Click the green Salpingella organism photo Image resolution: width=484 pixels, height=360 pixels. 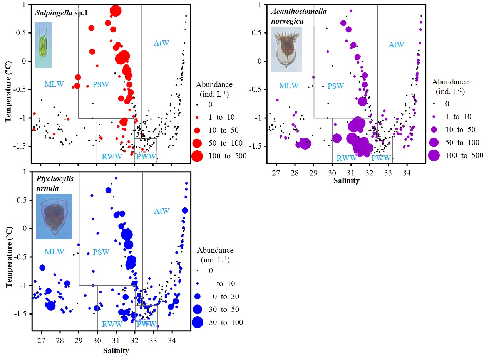(43, 45)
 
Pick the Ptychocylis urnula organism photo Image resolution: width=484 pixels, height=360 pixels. (54, 216)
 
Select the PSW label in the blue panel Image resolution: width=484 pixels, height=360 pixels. (101, 252)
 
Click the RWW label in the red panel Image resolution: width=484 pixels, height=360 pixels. (112, 156)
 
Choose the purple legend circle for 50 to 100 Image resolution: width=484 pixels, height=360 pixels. (434, 143)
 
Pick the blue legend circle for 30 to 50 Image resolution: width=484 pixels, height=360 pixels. (198, 309)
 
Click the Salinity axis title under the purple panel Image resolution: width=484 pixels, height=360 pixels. (352, 181)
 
